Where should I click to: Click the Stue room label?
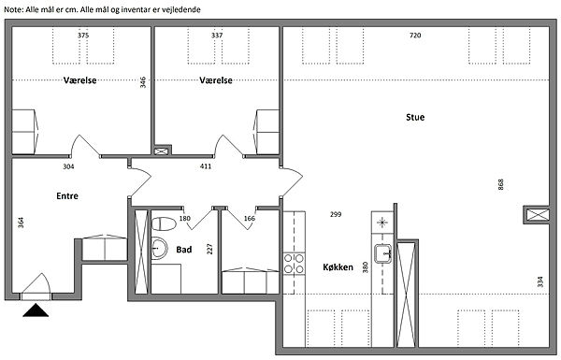coord(415,118)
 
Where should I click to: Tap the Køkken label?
coord(338,267)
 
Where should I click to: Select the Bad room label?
coord(184,250)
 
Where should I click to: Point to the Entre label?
coord(67,196)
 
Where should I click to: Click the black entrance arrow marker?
coord(36,310)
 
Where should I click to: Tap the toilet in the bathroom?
coord(164,224)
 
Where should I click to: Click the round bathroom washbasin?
coord(159,247)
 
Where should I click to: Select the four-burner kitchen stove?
coord(295,264)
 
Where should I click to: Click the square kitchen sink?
coord(383,253)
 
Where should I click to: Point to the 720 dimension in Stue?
coord(415,36)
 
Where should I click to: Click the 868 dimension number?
coord(500,184)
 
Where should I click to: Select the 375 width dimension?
coord(83,36)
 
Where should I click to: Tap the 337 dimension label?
coord(217,36)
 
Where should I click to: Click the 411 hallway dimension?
coord(206,166)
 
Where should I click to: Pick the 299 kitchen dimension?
coord(336,214)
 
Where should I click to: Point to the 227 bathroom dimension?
coord(209,249)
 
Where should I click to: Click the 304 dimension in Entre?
coord(68,166)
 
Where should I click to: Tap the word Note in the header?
coord(13,9)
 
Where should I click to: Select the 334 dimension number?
coord(540,281)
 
